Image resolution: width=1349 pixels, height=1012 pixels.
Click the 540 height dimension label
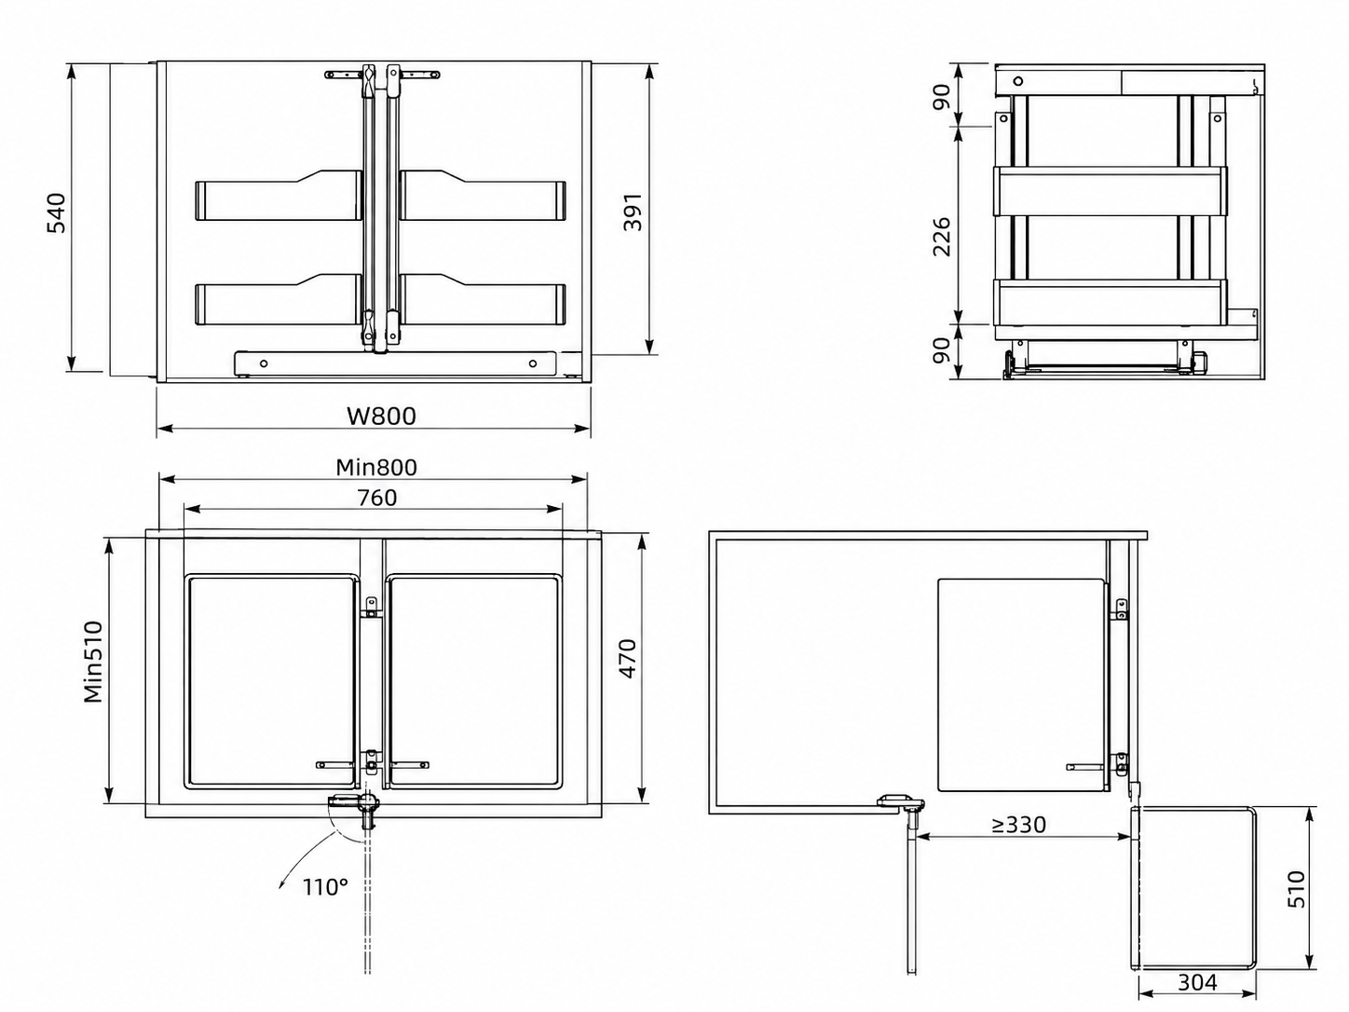click(57, 212)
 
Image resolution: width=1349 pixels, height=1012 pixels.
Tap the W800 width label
click(382, 416)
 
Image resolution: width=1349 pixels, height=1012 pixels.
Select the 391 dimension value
click(633, 212)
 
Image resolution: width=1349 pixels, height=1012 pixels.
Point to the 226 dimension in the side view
click(942, 237)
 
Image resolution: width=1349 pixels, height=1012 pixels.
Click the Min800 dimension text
click(376, 468)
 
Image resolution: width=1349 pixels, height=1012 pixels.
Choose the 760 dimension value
click(377, 497)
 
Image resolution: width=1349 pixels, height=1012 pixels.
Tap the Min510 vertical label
click(93, 662)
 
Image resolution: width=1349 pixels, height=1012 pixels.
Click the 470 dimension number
click(627, 659)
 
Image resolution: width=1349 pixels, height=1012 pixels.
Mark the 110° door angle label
click(325, 886)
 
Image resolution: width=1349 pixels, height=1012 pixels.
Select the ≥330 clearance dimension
click(1018, 825)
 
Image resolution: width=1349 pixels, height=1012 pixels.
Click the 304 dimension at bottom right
click(1197, 982)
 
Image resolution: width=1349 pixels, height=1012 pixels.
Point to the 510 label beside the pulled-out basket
click(1295, 889)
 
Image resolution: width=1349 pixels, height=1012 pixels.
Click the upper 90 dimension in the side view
click(942, 96)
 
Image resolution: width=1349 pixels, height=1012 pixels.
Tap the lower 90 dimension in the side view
click(942, 350)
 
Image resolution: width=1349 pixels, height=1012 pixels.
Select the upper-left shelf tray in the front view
click(279, 196)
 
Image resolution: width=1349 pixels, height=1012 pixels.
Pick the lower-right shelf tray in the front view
click(484, 299)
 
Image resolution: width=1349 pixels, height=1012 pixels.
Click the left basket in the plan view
click(271, 681)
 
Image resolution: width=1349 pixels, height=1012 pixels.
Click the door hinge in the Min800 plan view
click(356, 802)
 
